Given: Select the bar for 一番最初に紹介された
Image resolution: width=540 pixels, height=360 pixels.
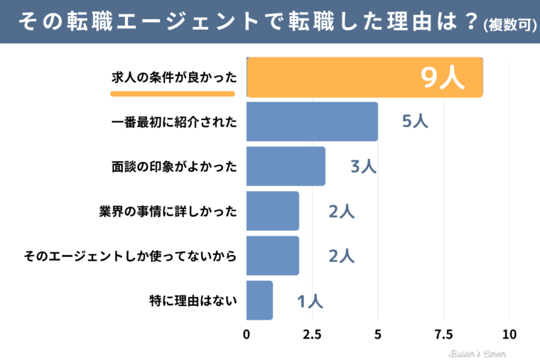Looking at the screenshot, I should [312, 121].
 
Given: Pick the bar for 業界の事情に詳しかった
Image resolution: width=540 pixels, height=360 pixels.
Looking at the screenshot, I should [273, 211].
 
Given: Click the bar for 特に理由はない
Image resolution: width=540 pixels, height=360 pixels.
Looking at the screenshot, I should [259, 300].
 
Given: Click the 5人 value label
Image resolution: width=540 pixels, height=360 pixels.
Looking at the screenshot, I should [415, 121].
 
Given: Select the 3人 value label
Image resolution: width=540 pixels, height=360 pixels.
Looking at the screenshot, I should [362, 167].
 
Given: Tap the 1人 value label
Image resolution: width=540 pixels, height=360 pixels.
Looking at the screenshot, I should [310, 301].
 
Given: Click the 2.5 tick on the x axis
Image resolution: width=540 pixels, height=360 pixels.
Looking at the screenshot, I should [312, 334].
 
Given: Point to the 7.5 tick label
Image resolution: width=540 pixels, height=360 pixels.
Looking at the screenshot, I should [443, 334].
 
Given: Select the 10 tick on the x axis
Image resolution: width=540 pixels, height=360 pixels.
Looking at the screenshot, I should [509, 334].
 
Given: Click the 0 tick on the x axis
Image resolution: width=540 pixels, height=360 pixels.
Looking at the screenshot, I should [247, 334].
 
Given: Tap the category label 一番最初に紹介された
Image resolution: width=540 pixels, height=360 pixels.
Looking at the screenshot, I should [173, 121].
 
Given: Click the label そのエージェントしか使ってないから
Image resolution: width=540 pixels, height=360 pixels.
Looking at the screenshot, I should [129, 256].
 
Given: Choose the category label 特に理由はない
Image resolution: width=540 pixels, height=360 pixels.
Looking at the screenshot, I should [193, 300].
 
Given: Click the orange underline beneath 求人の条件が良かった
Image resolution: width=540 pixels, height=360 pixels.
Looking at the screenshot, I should [177, 92].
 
